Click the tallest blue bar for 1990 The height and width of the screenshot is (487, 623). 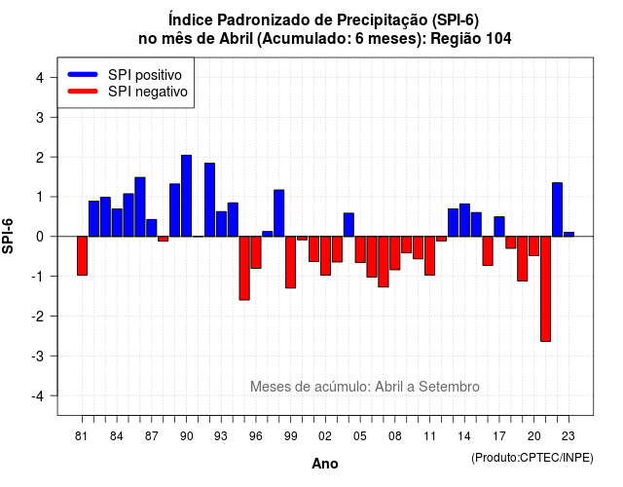click(x=186, y=196)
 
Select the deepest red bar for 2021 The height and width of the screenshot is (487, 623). click(x=545, y=288)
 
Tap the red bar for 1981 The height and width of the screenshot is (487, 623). click(x=82, y=255)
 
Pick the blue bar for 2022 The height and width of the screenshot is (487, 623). click(x=557, y=209)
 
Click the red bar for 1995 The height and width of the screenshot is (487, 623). click(x=244, y=268)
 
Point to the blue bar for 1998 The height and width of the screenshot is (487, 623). click(x=279, y=213)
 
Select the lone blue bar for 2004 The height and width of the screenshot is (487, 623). click(x=348, y=225)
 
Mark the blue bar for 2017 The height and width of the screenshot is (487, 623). click(x=499, y=227)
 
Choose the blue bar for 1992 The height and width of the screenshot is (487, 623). click(x=209, y=200)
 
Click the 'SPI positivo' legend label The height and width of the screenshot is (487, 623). click(x=145, y=75)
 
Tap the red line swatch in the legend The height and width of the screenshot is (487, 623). click(x=83, y=91)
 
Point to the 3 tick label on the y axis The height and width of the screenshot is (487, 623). click(x=40, y=117)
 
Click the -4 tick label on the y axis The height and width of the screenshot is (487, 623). click(x=39, y=395)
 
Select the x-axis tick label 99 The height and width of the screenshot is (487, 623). click(x=290, y=436)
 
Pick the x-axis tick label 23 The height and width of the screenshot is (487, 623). click(x=568, y=436)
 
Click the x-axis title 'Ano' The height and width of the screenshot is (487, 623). click(x=324, y=464)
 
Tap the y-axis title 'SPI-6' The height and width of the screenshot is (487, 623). click(x=8, y=236)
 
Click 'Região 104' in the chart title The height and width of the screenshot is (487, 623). click(x=471, y=39)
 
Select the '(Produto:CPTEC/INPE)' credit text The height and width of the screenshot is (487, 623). click(x=532, y=458)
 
